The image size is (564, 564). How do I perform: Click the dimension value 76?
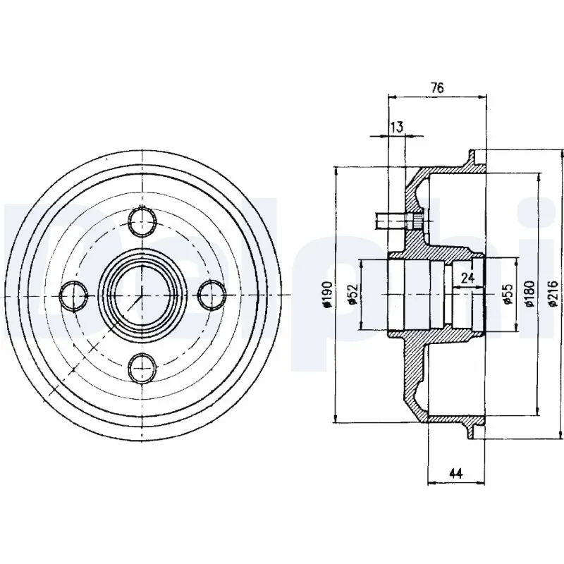point(437,87)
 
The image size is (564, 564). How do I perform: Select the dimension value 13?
point(396,127)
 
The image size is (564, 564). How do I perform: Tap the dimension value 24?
point(467,278)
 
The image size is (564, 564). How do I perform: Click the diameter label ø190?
point(327,295)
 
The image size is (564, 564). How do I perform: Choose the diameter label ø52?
point(350,295)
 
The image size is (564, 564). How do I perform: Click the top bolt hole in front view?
point(143,221)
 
